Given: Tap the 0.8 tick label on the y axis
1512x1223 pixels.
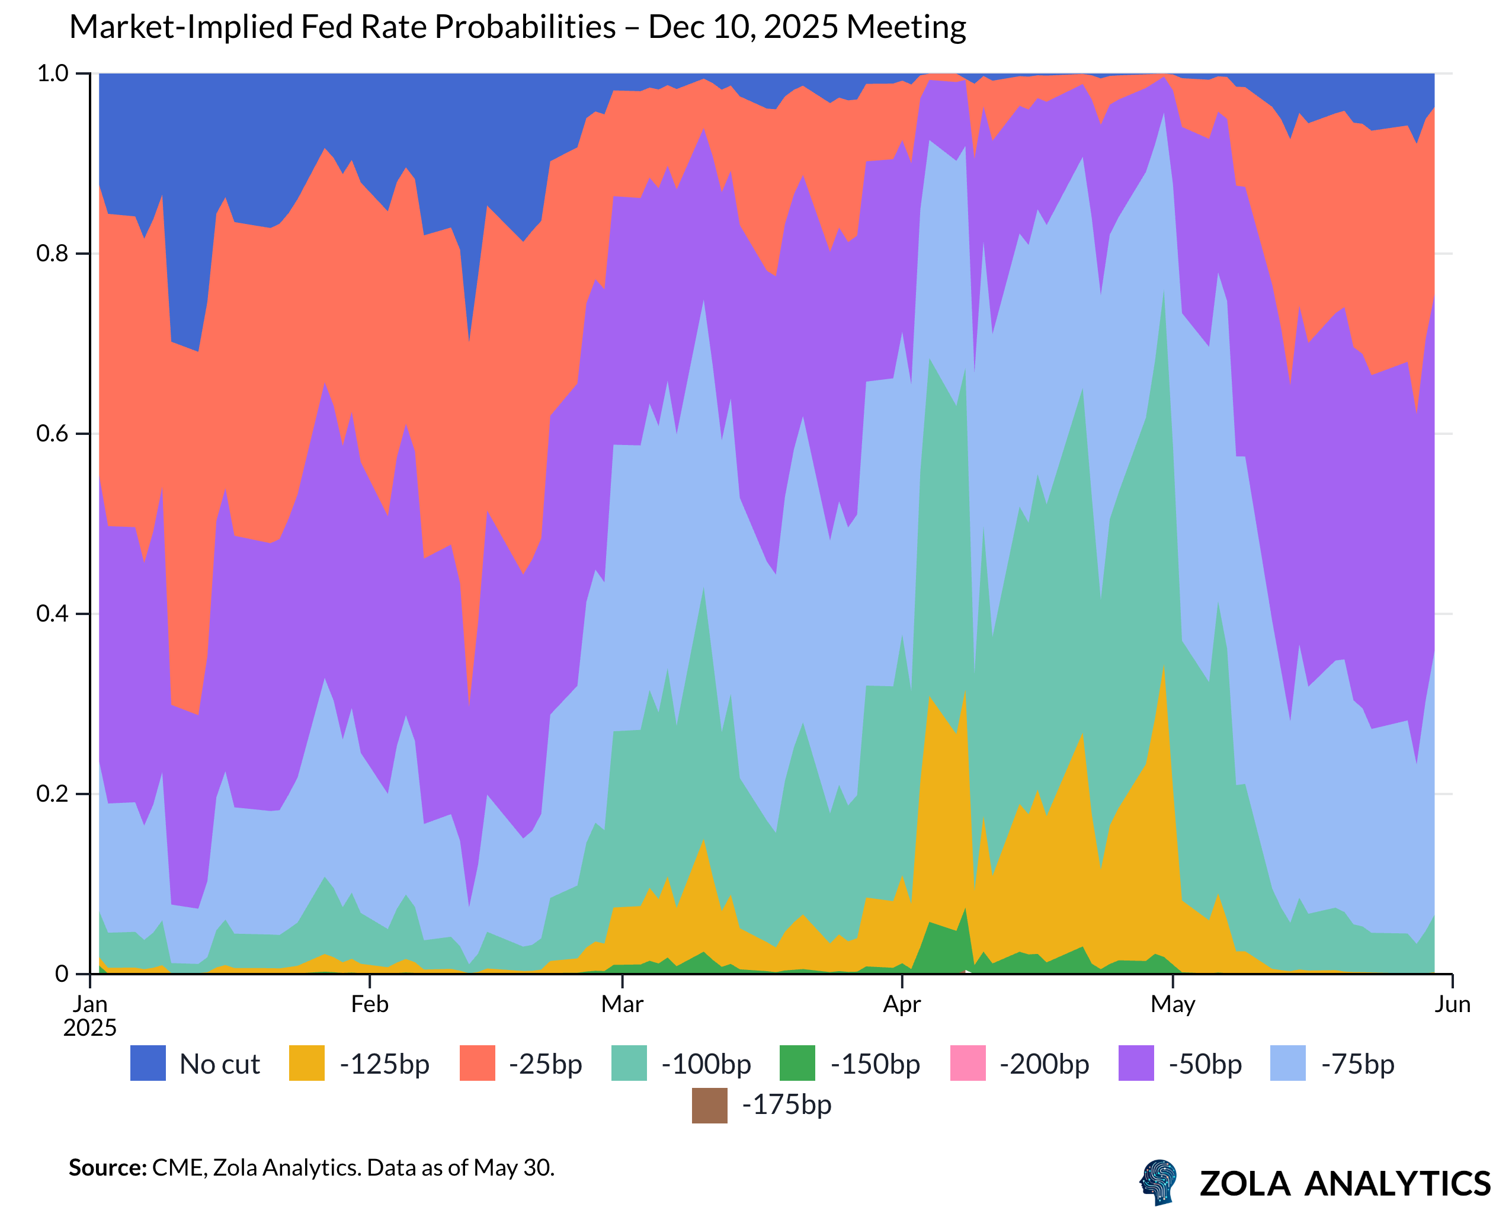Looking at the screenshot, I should coord(52,253).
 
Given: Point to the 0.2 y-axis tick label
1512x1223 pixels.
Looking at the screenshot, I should coord(52,793).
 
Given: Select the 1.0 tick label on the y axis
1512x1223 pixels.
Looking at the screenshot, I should coord(52,73).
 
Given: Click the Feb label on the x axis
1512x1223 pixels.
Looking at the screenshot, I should coord(369,1004).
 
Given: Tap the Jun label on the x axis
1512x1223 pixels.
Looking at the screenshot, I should coord(1452,1004).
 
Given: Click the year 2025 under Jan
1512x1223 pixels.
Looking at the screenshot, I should coord(90,1028).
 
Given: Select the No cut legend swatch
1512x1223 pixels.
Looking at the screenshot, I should coord(148,1063).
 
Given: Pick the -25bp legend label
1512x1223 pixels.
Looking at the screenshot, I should coord(545,1064).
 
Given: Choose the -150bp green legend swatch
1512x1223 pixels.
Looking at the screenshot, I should coord(797,1063).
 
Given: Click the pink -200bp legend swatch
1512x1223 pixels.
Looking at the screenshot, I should coord(967,1063).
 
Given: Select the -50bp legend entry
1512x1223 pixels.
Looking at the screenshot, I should coord(1205,1064).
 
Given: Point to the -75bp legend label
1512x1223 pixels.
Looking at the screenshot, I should coord(1357,1064).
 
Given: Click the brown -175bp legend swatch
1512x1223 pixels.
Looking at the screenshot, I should coord(709,1105).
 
